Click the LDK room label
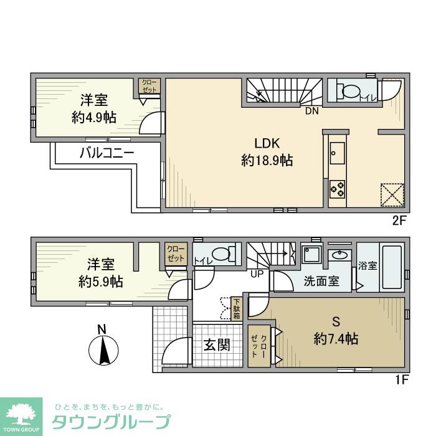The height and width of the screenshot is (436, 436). [267, 141]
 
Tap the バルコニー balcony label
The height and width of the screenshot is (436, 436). [107, 153]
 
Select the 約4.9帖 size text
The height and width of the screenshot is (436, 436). [93, 117]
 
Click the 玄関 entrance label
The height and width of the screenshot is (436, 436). [216, 344]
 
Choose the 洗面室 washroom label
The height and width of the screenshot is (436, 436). [321, 281]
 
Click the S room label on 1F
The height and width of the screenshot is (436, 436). [335, 322]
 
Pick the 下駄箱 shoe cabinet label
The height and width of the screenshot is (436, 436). [237, 308]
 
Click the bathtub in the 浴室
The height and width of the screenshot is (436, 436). [391, 267]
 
